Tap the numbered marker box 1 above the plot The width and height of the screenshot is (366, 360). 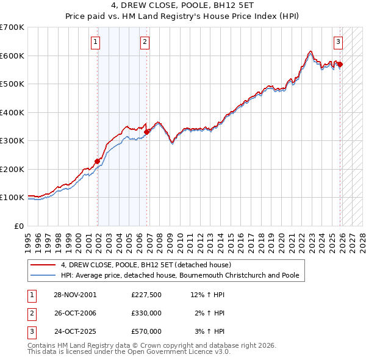point(97,42)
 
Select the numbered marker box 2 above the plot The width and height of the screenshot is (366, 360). point(145,42)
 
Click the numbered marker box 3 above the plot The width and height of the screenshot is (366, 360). point(338,42)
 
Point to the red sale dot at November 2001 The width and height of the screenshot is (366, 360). point(97,161)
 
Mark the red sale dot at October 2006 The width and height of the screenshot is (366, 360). point(146,132)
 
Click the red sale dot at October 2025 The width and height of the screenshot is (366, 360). point(340,64)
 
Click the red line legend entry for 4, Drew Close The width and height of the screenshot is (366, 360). point(146,265)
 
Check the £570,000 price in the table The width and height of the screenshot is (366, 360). point(146,331)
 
